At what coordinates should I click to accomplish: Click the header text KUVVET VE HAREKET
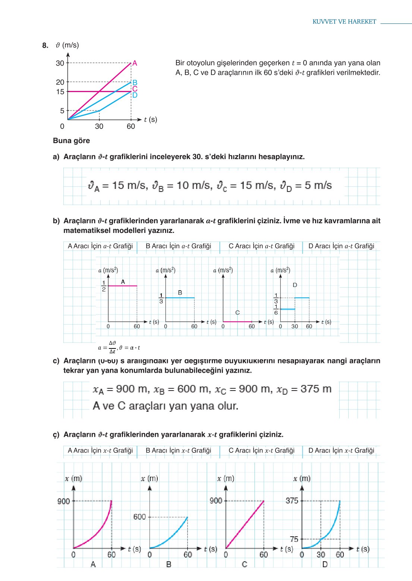point(344,22)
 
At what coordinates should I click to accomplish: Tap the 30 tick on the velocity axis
point(60,63)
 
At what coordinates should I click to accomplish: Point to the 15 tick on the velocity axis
point(60,92)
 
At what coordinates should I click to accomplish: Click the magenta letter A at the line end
point(135,63)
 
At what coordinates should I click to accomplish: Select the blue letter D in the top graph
point(135,95)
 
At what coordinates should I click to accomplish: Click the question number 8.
point(45,45)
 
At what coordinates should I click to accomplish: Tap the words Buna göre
point(71,141)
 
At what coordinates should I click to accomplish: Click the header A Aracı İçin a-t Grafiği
point(100,246)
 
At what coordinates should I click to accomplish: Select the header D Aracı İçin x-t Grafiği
point(341,451)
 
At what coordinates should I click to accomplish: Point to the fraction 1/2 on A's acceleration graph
point(104,286)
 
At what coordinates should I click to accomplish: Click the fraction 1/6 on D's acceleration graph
point(276,310)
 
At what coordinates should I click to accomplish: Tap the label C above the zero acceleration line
point(238,313)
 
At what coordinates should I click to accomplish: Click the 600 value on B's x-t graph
point(139,517)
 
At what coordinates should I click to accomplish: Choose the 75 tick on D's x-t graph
point(294,539)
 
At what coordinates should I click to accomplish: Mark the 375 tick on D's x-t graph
point(292,501)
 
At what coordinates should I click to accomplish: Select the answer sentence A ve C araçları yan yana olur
point(165,406)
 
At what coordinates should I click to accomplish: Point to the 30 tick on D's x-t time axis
point(321,555)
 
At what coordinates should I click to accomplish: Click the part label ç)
point(56,435)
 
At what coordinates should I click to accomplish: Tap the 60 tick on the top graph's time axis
point(131,126)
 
